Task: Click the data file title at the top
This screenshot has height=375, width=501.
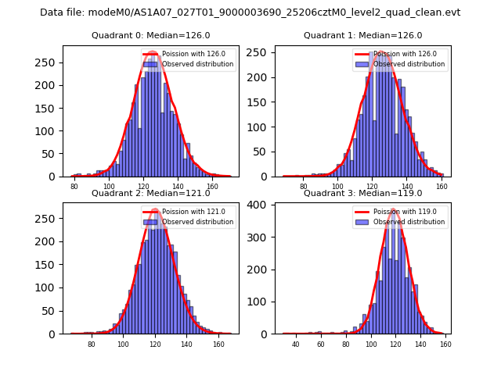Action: click(250, 12)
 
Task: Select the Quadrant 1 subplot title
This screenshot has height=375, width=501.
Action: click(362, 35)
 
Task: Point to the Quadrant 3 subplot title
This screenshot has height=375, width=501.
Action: click(362, 193)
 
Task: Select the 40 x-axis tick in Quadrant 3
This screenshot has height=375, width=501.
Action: click(296, 344)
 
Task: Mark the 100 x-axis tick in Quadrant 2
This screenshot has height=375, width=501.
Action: click(123, 344)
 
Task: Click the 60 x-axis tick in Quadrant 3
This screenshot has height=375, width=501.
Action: click(320, 344)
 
